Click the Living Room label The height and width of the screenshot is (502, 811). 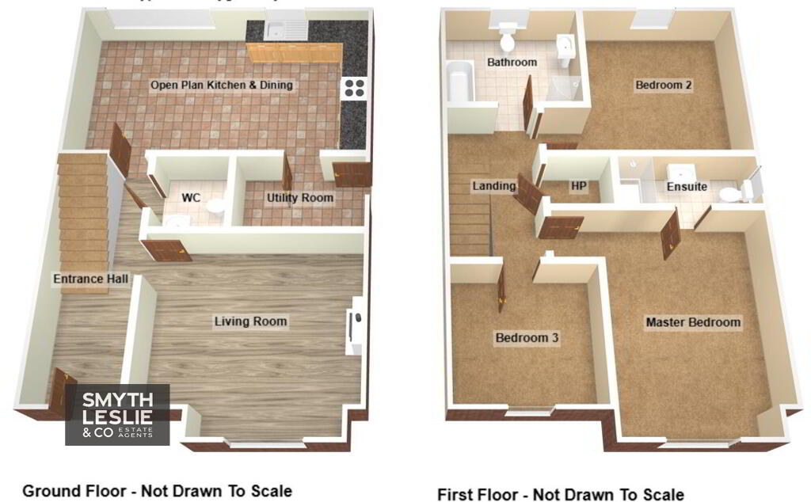click(x=251, y=321)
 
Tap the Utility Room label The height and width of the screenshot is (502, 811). click(x=300, y=197)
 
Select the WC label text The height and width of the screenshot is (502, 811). click(x=191, y=197)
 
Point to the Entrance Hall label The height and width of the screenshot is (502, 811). click(x=90, y=279)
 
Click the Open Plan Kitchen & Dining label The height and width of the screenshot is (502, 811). click(x=222, y=85)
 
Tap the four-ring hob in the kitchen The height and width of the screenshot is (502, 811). click(x=355, y=88)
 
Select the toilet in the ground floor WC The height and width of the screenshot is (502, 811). click(x=216, y=207)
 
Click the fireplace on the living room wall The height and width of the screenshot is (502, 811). click(x=355, y=325)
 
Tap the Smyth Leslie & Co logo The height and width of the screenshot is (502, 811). click(x=117, y=415)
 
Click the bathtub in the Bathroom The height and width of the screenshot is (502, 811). click(x=460, y=81)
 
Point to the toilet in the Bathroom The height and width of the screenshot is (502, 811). click(x=507, y=36)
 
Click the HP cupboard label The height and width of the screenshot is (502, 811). click(x=578, y=185)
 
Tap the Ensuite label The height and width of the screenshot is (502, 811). click(x=687, y=186)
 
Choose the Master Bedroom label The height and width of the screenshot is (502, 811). click(x=693, y=322)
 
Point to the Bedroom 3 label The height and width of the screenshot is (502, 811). click(x=527, y=337)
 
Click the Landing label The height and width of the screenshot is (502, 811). click(x=494, y=185)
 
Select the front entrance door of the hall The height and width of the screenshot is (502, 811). click(x=62, y=393)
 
